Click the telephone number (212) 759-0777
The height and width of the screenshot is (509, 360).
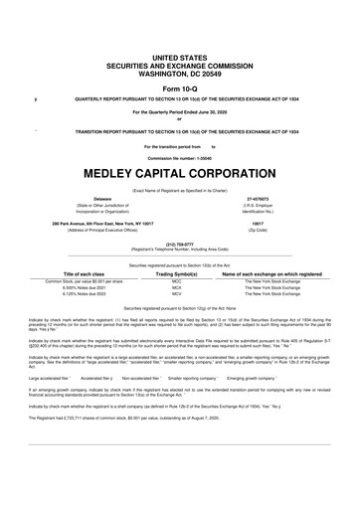[x=179, y=244]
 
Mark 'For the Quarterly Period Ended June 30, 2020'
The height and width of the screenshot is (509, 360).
[x=180, y=112]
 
